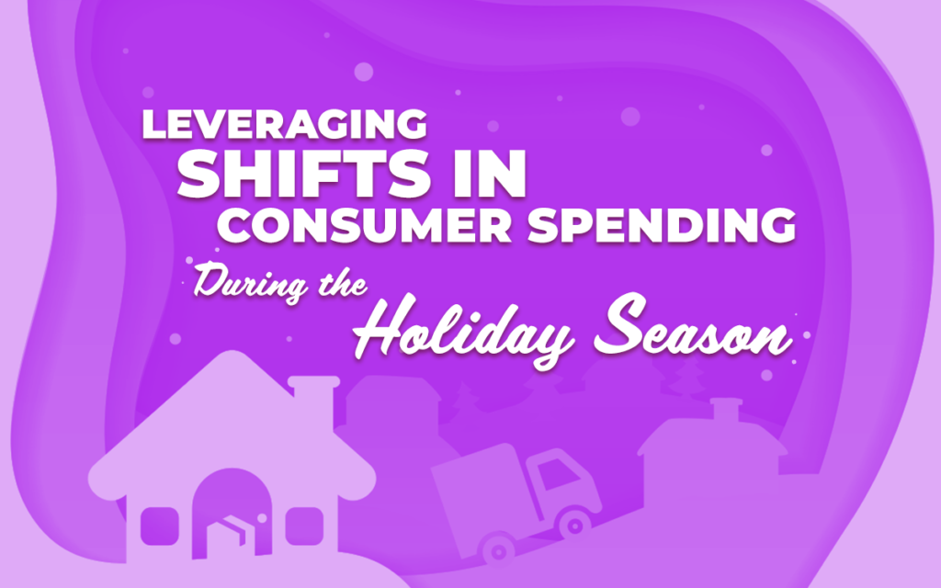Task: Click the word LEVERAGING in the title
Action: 285,125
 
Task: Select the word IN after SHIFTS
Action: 491,175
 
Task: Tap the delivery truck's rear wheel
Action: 497,550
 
